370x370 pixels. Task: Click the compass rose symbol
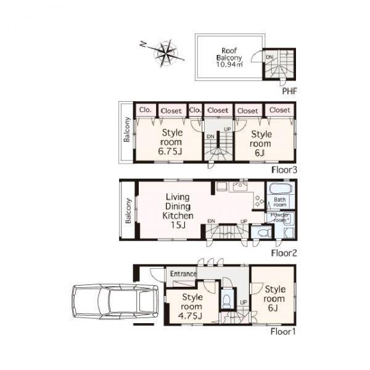click(x=165, y=54)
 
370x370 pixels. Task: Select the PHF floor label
click(x=290, y=91)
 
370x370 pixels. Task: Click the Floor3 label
click(x=286, y=168)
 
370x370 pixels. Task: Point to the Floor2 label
click(x=286, y=253)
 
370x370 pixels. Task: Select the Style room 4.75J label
click(x=192, y=306)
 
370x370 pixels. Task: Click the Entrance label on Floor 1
click(x=184, y=274)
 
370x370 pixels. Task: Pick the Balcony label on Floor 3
click(x=126, y=130)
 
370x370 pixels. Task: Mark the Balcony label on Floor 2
click(x=129, y=210)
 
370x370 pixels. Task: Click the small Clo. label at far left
click(x=146, y=110)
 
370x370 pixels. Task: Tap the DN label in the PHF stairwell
click(x=269, y=57)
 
